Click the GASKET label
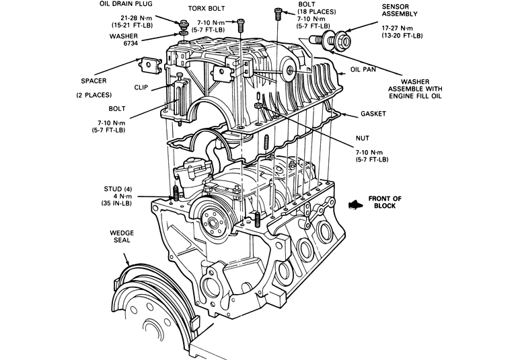click(x=373, y=114)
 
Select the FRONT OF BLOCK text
click(x=385, y=202)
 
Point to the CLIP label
click(x=141, y=87)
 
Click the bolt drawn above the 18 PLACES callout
click(x=277, y=13)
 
